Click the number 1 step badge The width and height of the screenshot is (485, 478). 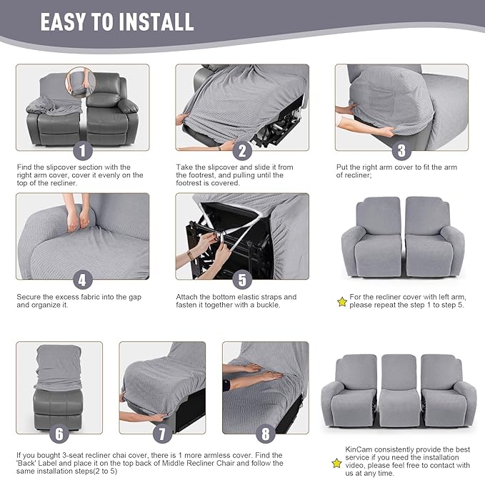(x=82, y=151)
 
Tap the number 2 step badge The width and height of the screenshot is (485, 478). (x=242, y=151)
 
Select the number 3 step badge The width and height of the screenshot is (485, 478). (x=401, y=151)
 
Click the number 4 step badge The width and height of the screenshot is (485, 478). (x=82, y=280)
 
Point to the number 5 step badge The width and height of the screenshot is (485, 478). (x=242, y=280)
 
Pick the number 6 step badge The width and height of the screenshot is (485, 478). (x=59, y=434)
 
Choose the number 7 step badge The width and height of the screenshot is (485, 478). (x=162, y=434)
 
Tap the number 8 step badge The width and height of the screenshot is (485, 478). (x=265, y=434)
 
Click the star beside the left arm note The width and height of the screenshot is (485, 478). (x=342, y=302)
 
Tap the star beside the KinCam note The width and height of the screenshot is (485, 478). (x=337, y=463)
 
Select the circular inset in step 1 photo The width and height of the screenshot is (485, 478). (x=80, y=82)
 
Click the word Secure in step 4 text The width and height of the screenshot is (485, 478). (x=29, y=296)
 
